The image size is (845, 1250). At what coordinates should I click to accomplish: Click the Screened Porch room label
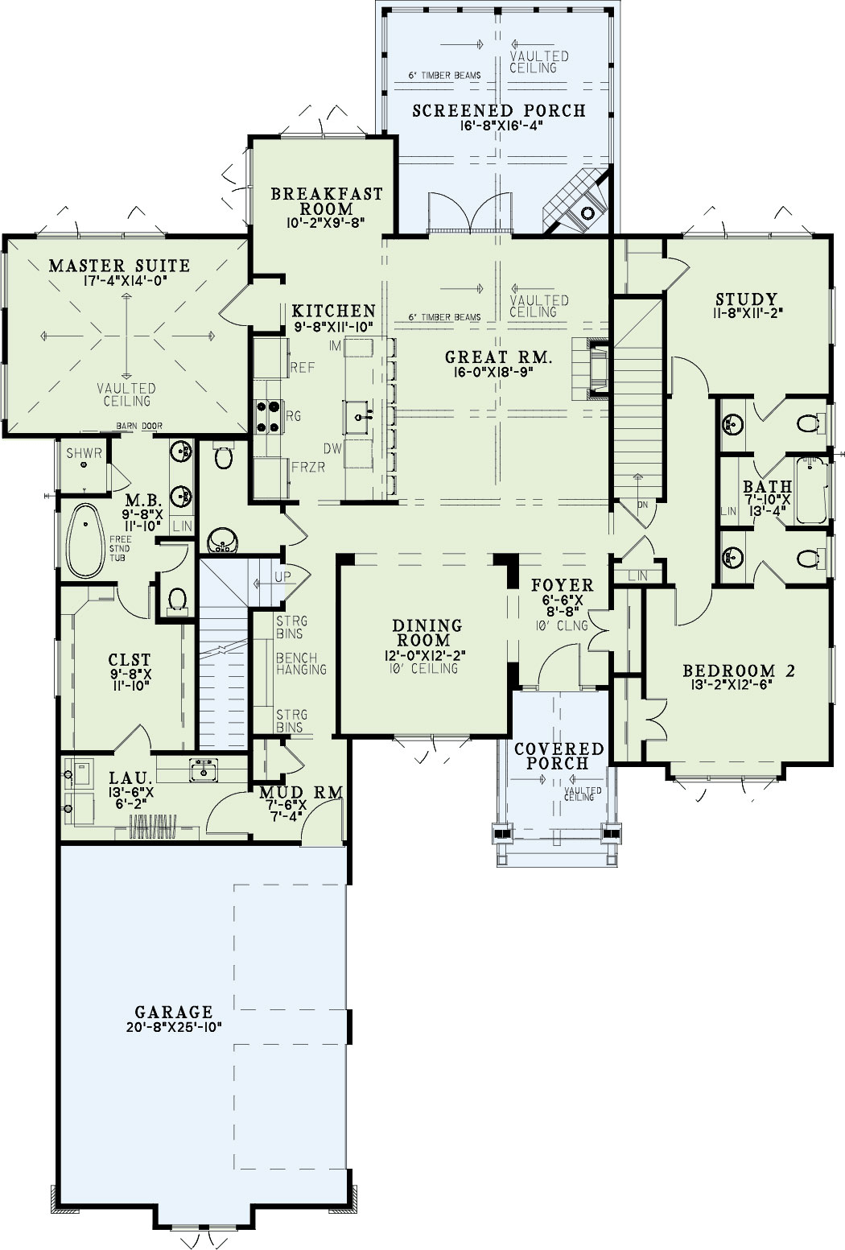[x=499, y=110]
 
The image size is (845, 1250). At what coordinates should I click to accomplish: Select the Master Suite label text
[x=119, y=266]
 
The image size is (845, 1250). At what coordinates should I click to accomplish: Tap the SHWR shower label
[x=84, y=453]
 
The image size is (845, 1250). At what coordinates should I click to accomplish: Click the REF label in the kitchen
[x=302, y=367]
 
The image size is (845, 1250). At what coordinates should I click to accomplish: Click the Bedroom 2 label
[x=739, y=670]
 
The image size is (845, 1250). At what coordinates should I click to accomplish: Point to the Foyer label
[x=563, y=585]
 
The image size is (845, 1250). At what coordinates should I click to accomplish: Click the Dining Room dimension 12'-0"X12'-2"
[x=427, y=655]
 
